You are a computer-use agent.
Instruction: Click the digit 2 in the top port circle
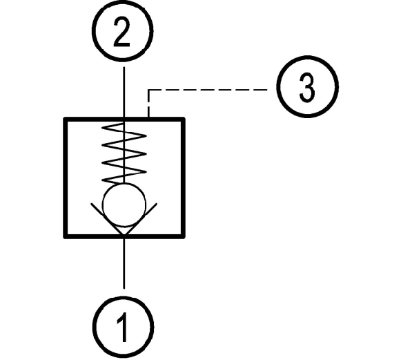point(121,32)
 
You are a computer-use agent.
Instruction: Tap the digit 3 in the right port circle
point(307,87)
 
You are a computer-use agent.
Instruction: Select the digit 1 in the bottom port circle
point(123,327)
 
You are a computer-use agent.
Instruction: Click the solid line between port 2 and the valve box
point(124,92)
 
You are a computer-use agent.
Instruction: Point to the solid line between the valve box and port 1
point(124,263)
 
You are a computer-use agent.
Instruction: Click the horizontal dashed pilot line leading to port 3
point(208,90)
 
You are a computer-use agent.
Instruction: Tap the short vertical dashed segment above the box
point(148,104)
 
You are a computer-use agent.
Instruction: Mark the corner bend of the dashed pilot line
point(148,90)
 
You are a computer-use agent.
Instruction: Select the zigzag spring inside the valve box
point(124,153)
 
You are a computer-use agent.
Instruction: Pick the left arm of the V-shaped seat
point(108,218)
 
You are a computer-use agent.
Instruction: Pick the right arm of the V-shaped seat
point(141,218)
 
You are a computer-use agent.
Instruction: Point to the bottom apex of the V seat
point(124,234)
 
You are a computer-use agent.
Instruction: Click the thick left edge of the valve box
point(66,178)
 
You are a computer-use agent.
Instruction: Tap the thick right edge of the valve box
point(183,178)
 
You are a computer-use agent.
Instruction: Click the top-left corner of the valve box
point(64,119)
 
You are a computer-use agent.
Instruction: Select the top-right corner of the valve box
point(184,119)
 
